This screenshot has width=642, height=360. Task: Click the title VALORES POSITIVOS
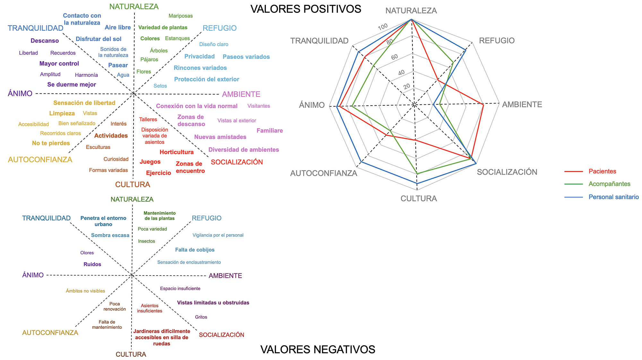click(x=306, y=9)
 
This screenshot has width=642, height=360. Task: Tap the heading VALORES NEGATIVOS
click(x=318, y=349)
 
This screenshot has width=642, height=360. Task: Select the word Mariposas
click(x=180, y=16)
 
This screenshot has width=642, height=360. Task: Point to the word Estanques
click(x=177, y=39)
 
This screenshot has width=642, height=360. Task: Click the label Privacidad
click(x=199, y=57)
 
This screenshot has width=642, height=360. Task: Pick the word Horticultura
click(x=177, y=152)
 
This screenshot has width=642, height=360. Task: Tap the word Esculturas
click(x=98, y=147)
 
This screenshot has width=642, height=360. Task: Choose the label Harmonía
click(x=86, y=75)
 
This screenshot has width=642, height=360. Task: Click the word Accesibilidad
click(x=33, y=124)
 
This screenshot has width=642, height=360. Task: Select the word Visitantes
click(x=258, y=106)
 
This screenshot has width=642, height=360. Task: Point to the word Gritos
click(x=201, y=317)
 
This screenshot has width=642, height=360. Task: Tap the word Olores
click(x=87, y=253)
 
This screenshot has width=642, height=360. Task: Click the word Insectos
click(x=146, y=241)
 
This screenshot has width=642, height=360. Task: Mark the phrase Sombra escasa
click(x=110, y=235)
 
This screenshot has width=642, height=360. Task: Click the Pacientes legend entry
click(x=602, y=171)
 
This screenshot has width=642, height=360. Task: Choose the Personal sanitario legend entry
click(x=613, y=197)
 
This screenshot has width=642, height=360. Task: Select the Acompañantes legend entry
click(x=609, y=184)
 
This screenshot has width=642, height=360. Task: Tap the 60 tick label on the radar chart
click(x=395, y=57)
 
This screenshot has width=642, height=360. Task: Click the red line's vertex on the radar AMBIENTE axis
click(x=483, y=104)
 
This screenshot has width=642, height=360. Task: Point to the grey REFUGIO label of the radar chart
click(x=497, y=41)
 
